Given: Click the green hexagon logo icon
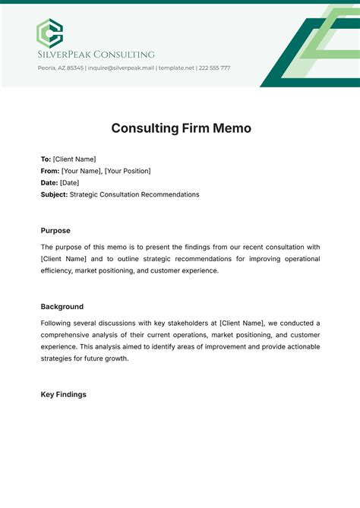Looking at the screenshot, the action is coord(50,33).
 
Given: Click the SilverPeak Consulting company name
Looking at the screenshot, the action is coord(96,55).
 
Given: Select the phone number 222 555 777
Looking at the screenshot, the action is coord(215,68).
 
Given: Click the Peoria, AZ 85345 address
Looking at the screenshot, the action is coord(60,68).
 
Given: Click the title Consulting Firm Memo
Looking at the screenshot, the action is coord(180,128).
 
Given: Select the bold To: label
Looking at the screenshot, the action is coord(46,159).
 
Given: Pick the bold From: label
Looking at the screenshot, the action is coord(49,171).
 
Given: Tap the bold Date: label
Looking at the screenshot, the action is coord(49,183).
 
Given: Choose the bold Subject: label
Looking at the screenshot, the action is coord(54,194).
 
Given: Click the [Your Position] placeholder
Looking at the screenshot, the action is coord(127,171).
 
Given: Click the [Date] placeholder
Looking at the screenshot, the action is coord(69,183).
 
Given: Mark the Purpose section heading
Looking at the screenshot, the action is coord(55,230).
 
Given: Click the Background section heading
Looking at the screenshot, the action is coord(62,307).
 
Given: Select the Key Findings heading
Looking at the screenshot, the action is coord(63,395).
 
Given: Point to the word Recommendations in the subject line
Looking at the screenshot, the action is coord(172,194).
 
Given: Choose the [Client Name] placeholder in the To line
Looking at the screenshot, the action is coord(74,159).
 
